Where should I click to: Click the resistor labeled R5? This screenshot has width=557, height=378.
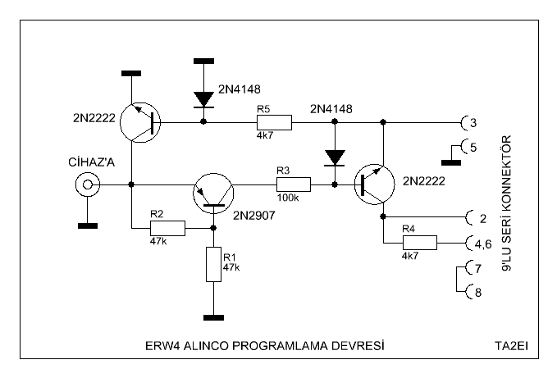click(273, 122)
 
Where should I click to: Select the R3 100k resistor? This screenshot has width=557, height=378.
click(293, 185)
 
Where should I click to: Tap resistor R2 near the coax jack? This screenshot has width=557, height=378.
click(167, 228)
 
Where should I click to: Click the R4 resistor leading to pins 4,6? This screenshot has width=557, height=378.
click(418, 243)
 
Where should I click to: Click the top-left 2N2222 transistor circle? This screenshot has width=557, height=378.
click(141, 122)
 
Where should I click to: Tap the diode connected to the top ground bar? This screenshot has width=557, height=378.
click(203, 98)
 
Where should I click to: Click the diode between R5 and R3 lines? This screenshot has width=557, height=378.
click(334, 156)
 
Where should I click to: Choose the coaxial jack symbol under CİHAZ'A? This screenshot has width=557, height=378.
click(84, 186)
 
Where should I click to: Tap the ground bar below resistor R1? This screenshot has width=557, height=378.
click(212, 317)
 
